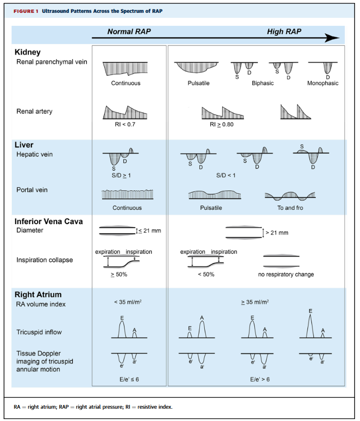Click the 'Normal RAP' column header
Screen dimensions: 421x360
pos(129,32)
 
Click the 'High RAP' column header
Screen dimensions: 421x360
pos(284,32)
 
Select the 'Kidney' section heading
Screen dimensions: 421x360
pos(28,52)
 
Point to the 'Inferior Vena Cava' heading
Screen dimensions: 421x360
pos(49,221)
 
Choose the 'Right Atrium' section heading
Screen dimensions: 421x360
pos(37,295)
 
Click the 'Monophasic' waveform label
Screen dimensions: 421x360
pos(323,83)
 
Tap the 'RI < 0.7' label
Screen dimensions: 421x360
pos(125,124)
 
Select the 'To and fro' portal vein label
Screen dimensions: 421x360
pos(290,208)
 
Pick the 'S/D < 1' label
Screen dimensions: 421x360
pos(226,175)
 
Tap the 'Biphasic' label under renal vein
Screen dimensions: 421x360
pos(262,83)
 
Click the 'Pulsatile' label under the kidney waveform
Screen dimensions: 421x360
pos(198,83)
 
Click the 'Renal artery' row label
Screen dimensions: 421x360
pos(34,112)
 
